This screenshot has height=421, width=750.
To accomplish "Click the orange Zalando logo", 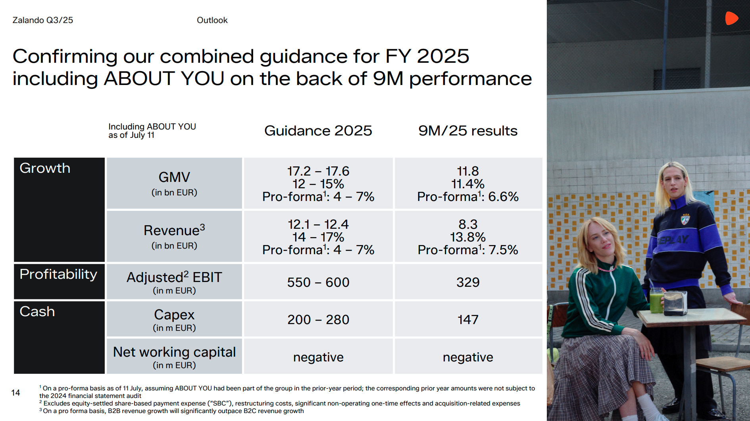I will pyautogui.click(x=731, y=18).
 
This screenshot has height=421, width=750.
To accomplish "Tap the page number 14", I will pyautogui.click(x=15, y=393).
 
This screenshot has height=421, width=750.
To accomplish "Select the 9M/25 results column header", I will pyautogui.click(x=468, y=131).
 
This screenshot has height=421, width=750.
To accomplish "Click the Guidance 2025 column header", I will pyautogui.click(x=318, y=131).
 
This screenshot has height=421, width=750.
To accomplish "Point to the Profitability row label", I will pyautogui.click(x=58, y=274).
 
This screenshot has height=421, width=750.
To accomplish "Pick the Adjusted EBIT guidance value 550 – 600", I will pyautogui.click(x=318, y=282).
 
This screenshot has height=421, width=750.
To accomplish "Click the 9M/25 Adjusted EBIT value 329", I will pyautogui.click(x=468, y=282).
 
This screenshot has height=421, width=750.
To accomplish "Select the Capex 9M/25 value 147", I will pyautogui.click(x=468, y=320).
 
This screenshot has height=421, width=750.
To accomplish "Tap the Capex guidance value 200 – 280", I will pyautogui.click(x=318, y=320).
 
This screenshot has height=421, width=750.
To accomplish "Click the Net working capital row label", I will pyautogui.click(x=174, y=352).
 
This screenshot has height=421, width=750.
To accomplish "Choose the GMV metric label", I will pyautogui.click(x=174, y=177).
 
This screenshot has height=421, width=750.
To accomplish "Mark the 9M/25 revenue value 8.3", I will pyautogui.click(x=468, y=224).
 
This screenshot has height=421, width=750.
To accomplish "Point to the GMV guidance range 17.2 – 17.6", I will pyautogui.click(x=318, y=171).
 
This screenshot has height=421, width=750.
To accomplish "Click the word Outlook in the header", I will pyautogui.click(x=212, y=20).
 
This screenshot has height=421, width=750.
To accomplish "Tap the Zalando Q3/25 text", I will pyautogui.click(x=43, y=20).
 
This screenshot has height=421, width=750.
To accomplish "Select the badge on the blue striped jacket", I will pyautogui.click(x=685, y=219).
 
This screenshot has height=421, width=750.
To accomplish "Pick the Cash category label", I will pyautogui.click(x=37, y=312).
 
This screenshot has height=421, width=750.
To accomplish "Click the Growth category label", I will pyautogui.click(x=45, y=168).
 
